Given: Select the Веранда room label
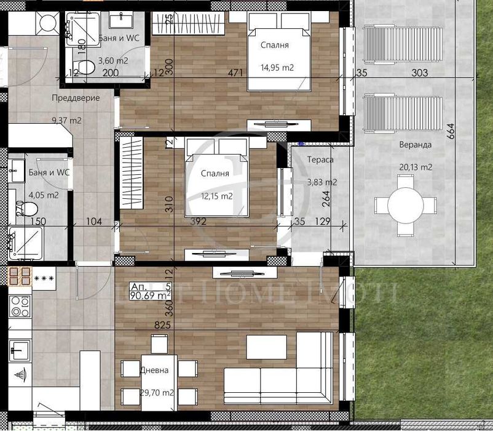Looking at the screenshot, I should [415, 145].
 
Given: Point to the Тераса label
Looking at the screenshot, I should [320, 159].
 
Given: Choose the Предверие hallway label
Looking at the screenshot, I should [76, 98].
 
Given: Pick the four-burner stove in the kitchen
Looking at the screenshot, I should [19, 305].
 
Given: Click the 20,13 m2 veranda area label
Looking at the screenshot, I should [415, 167].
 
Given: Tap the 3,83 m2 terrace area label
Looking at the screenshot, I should [321, 182].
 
